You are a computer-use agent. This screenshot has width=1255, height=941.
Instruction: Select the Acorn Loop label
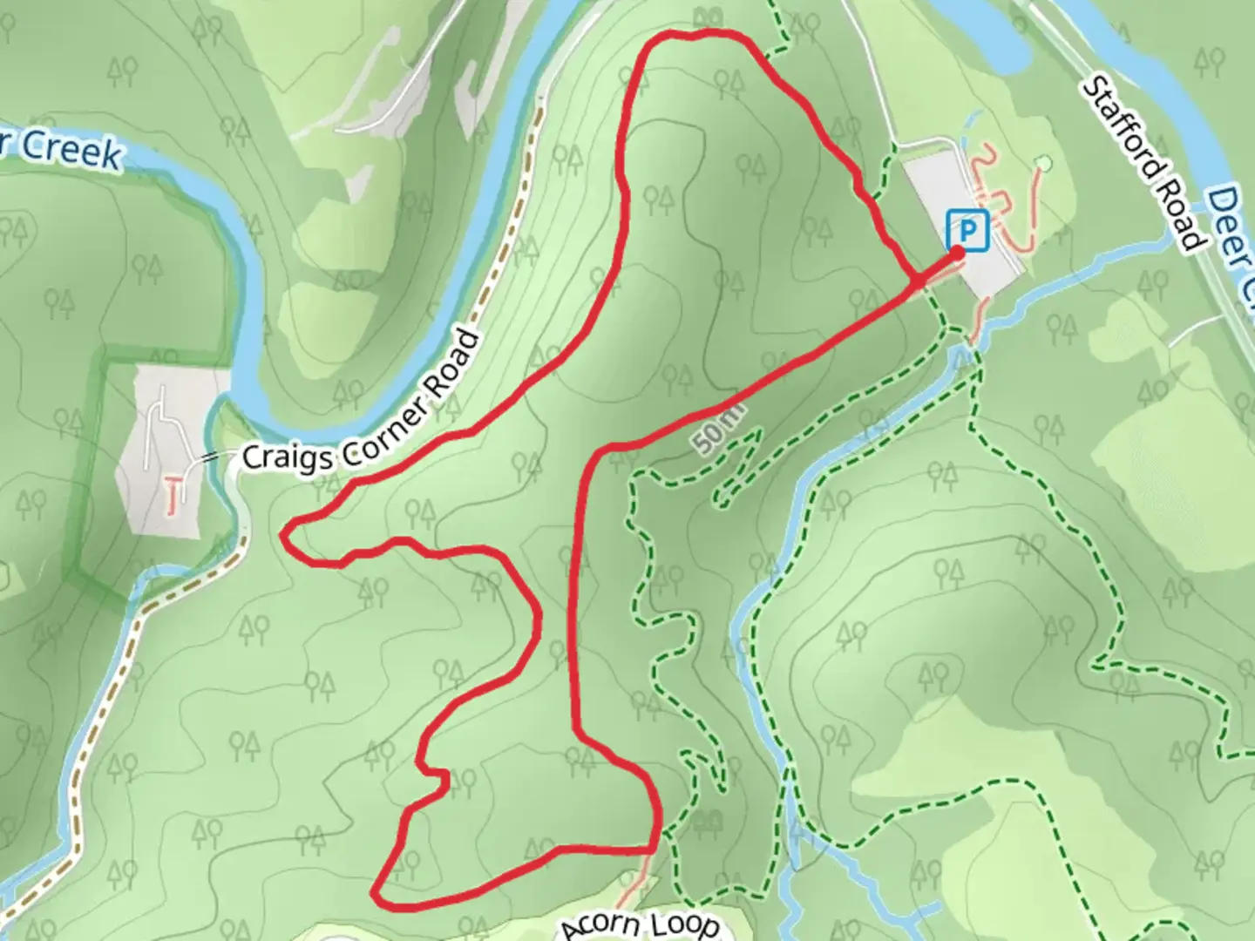[641, 926]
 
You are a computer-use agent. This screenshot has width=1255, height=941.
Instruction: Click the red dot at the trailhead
[957, 253]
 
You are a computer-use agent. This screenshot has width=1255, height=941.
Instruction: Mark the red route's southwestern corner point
[375, 893]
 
